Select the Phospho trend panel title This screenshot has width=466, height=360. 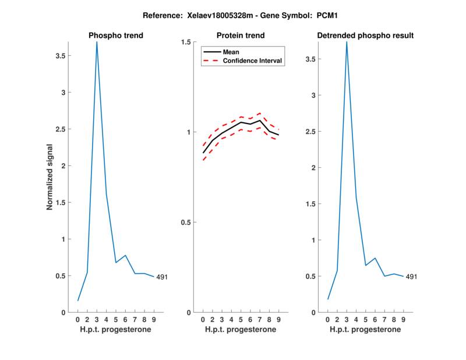(116, 36)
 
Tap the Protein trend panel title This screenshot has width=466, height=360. (241, 36)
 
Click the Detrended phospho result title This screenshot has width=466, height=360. (365, 36)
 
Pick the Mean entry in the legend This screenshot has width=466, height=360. (231, 52)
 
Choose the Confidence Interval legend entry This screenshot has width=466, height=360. (253, 61)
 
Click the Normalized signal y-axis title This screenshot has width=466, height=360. (51, 177)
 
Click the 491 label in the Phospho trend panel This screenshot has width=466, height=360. (162, 277)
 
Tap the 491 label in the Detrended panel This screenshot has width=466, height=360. (412, 277)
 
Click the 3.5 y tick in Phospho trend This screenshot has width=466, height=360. (60, 56)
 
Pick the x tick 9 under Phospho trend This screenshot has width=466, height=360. (154, 320)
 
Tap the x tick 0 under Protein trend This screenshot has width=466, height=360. (203, 320)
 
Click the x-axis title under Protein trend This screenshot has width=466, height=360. (241, 330)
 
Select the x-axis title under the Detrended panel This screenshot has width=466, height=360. (365, 330)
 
